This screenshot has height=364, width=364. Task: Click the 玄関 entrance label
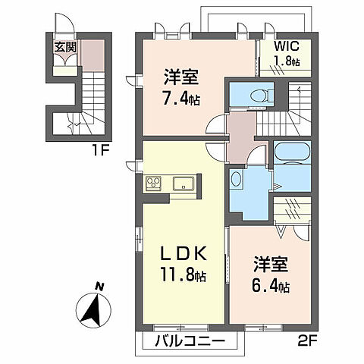(63, 46)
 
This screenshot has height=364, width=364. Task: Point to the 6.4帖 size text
(271, 286)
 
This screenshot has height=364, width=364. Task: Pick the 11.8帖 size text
(183, 274)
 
